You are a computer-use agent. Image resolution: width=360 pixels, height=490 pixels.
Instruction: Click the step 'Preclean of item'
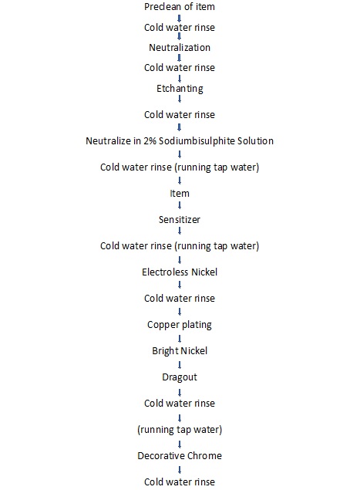pyautogui.click(x=180, y=7)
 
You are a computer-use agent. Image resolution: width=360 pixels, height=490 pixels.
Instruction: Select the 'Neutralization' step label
pyautogui.click(x=180, y=48)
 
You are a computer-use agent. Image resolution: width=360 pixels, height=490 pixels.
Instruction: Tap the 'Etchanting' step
pyautogui.click(x=180, y=89)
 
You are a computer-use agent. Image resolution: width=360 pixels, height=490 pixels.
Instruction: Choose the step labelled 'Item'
pyautogui.click(x=180, y=194)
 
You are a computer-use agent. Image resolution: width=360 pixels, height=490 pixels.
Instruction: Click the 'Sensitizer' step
pyautogui.click(x=180, y=220)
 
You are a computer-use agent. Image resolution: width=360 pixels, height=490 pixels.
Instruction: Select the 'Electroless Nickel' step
pyautogui.click(x=180, y=272)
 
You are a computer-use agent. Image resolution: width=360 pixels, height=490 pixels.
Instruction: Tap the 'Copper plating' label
pyautogui.click(x=180, y=325)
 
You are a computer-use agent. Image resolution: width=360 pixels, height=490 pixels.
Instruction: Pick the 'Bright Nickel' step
pyautogui.click(x=180, y=351)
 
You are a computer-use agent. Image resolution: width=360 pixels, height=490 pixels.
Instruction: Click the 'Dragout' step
pyautogui.click(x=180, y=377)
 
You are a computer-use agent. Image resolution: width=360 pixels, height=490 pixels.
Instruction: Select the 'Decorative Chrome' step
pyautogui.click(x=180, y=455)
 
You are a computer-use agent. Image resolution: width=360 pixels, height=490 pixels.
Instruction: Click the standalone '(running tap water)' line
pyautogui.click(x=180, y=430)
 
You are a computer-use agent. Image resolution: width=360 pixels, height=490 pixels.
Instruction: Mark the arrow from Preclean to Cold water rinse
pyautogui.click(x=179, y=18)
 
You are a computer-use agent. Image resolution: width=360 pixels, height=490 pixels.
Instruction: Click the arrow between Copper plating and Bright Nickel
pyautogui.click(x=180, y=339)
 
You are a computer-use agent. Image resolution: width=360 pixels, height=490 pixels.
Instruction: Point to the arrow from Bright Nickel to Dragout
pyautogui.click(x=180, y=365)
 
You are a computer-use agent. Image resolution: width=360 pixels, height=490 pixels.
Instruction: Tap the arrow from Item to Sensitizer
pyautogui.click(x=180, y=205)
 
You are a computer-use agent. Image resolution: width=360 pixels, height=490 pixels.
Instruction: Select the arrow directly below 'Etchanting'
pyautogui.click(x=180, y=99)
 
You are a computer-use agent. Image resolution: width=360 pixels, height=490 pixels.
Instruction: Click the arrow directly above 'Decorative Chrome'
pyautogui.click(x=180, y=444)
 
